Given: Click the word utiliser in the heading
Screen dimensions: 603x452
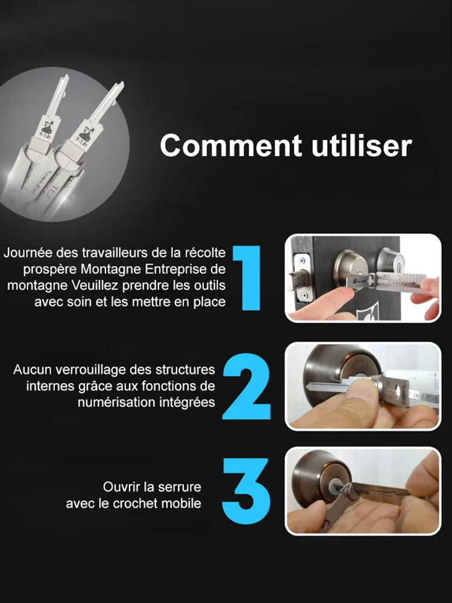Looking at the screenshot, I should (356, 147).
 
